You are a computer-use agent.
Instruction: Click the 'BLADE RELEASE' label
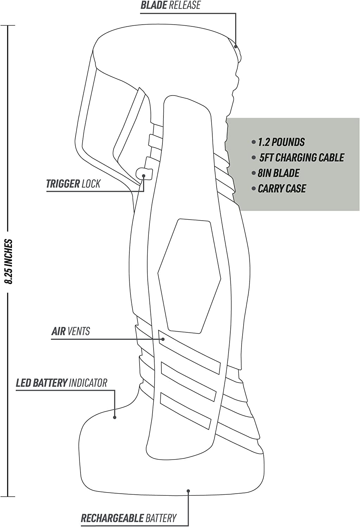pos(171,6)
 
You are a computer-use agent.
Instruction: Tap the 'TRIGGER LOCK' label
pos(73,184)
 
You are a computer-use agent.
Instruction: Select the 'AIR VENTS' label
pos(71,331)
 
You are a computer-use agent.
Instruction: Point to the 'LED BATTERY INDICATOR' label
pos(62,383)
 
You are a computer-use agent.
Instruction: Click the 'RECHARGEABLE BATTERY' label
pos(129,518)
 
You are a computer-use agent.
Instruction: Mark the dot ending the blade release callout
pos(236,46)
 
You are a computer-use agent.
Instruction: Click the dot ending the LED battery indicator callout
pos(115,417)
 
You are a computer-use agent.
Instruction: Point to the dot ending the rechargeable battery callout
pos(188,491)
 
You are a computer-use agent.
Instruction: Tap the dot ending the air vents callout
pos(163,339)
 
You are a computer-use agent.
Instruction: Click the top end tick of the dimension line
pos(8,26)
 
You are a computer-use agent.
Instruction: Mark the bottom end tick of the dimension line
pos(8,496)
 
